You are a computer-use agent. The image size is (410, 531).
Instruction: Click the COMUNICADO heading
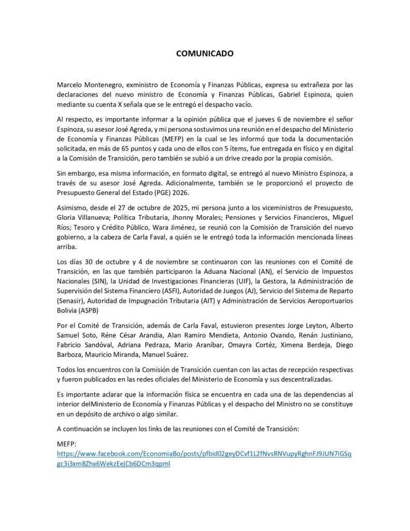(x=205, y=53)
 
